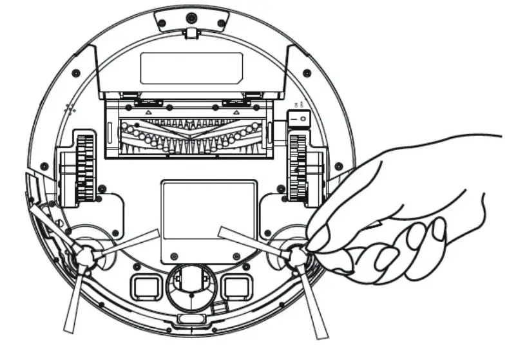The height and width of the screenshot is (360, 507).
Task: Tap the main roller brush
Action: coord(191,135)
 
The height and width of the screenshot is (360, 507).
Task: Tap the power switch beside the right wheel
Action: coord(298,119)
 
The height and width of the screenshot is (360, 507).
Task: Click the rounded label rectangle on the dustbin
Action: coord(191,68)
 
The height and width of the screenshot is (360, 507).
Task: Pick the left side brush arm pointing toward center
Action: coord(126,243)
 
